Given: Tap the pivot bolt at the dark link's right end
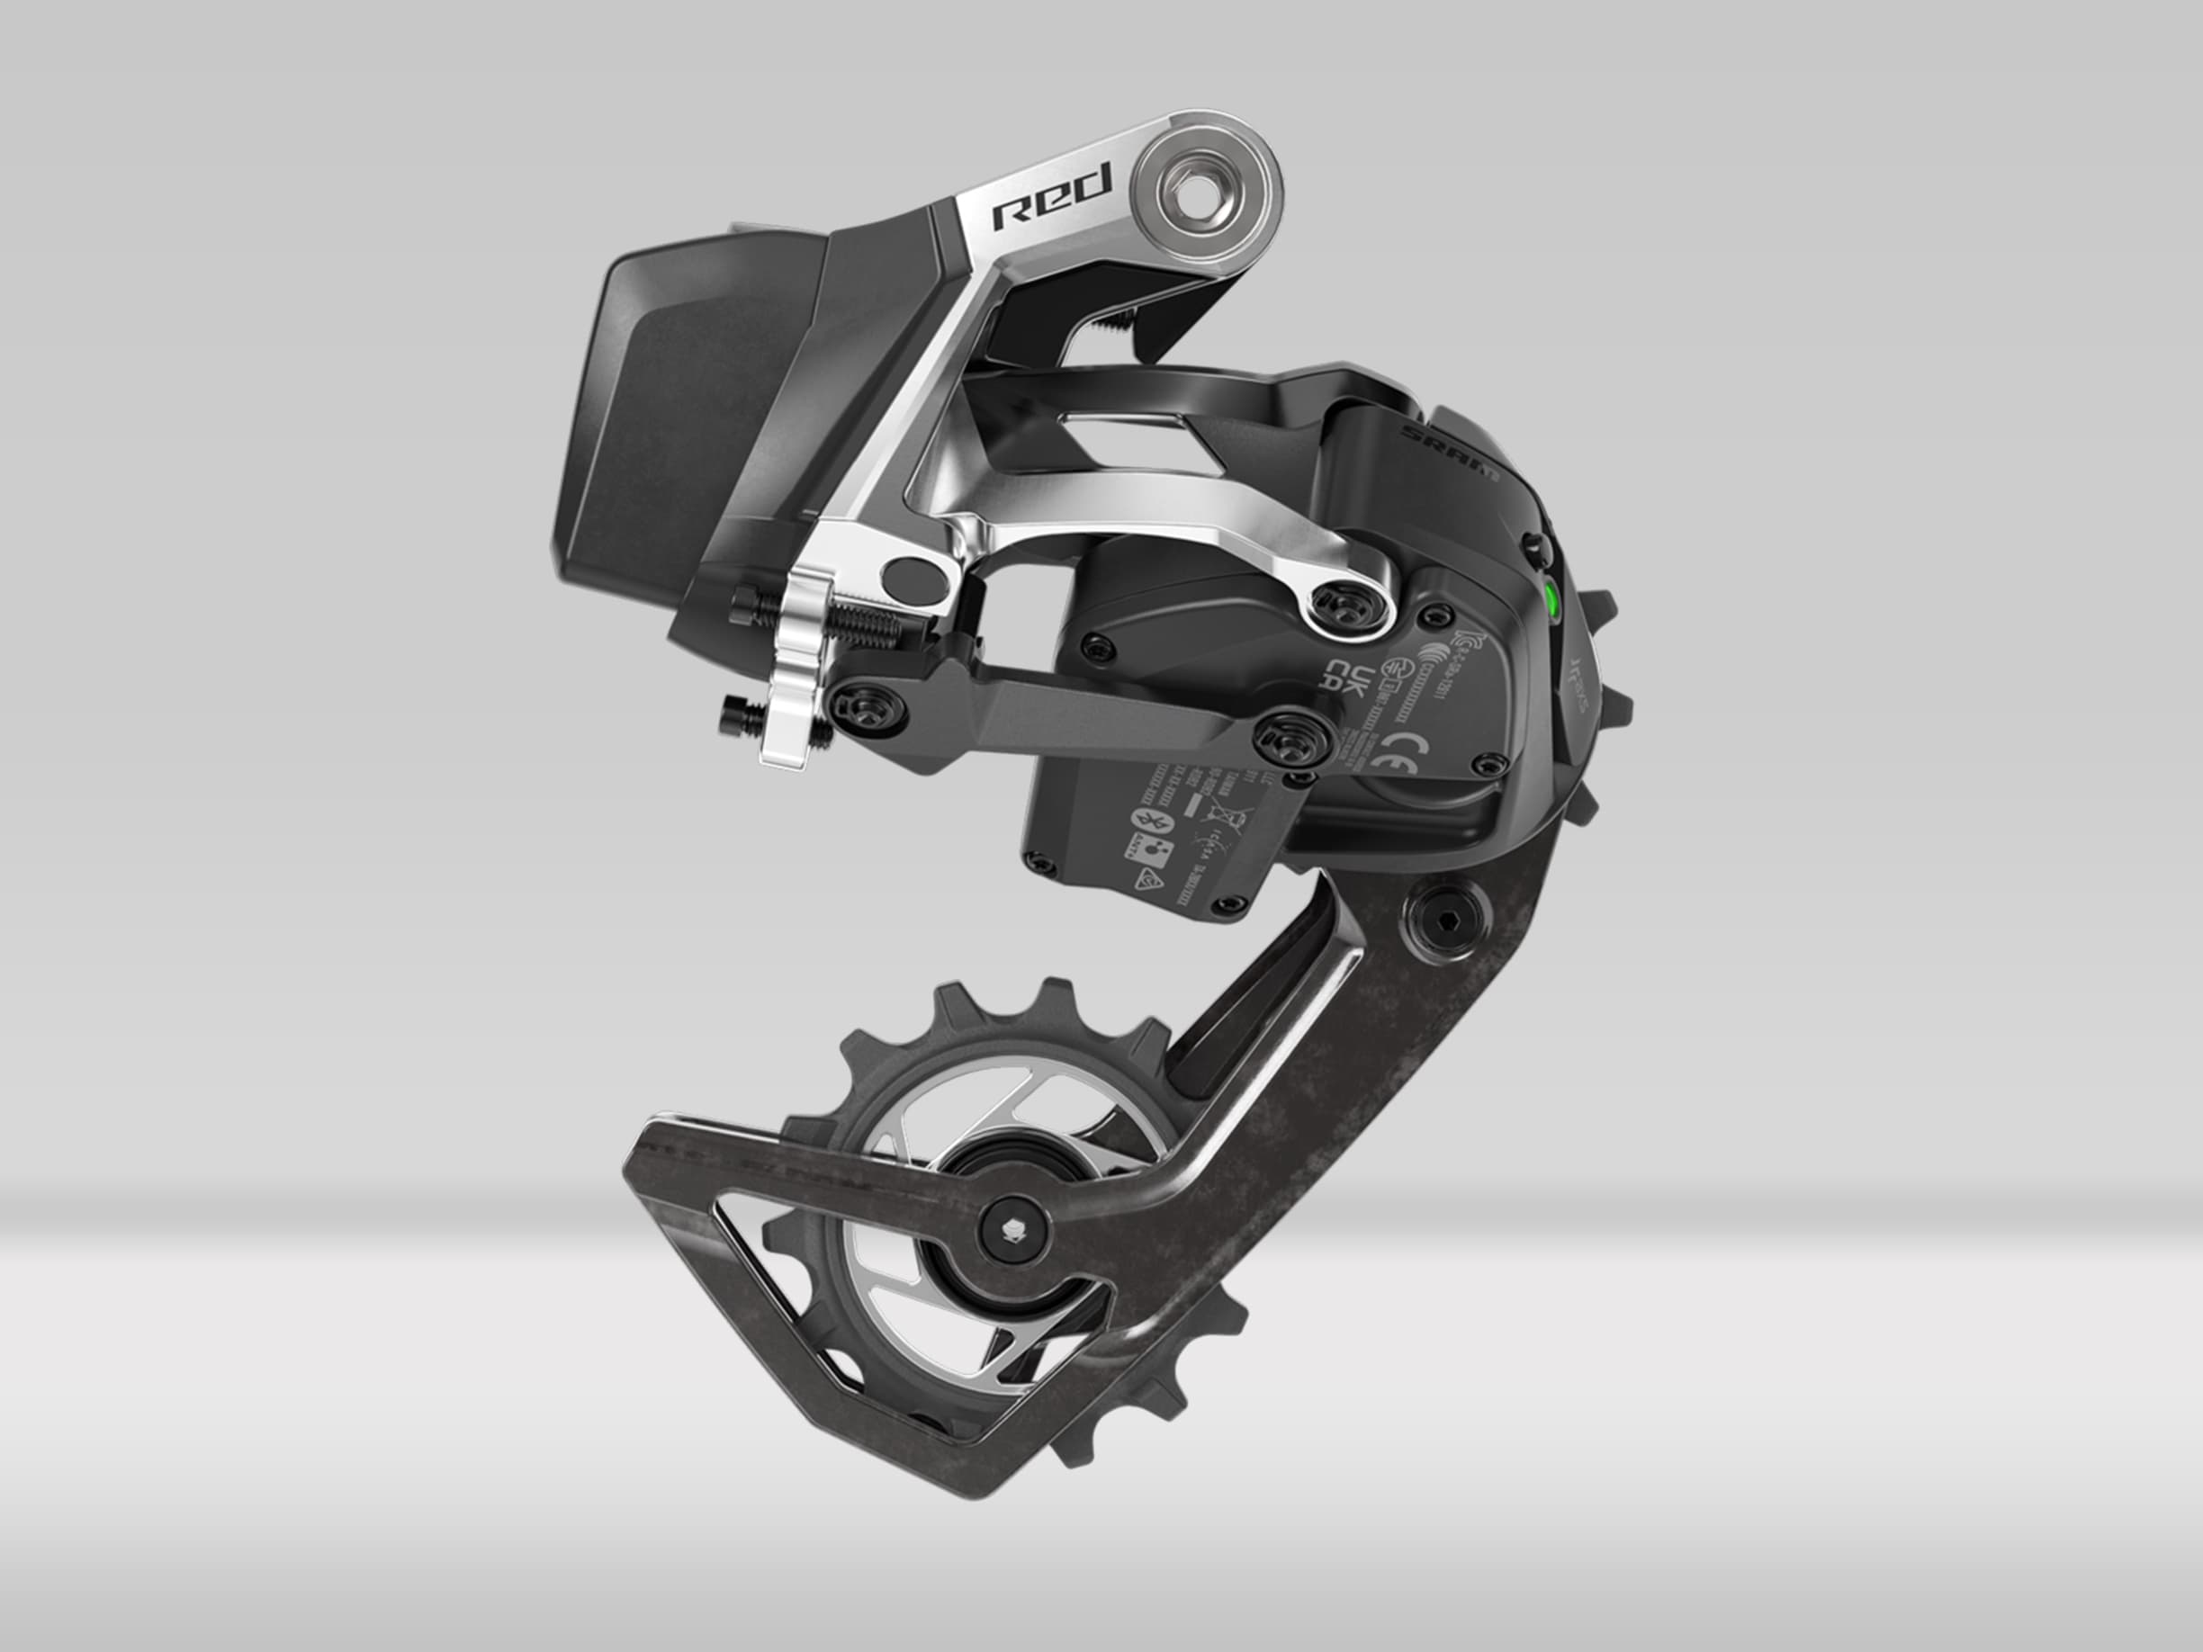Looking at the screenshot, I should (x=1288, y=739).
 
